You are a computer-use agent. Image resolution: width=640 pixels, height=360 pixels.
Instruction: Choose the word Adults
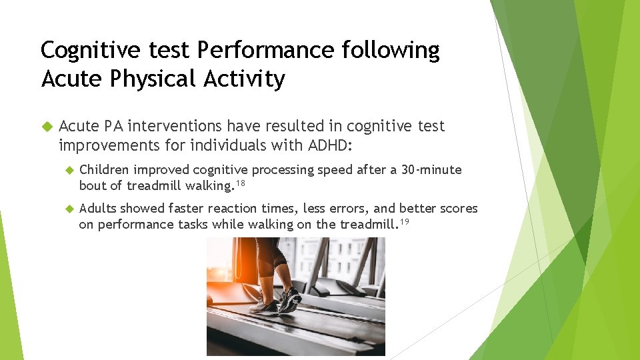click(97, 209)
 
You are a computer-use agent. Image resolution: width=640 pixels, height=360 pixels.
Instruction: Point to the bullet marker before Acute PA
click(46, 126)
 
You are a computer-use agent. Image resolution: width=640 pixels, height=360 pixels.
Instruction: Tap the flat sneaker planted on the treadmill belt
click(263, 307)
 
